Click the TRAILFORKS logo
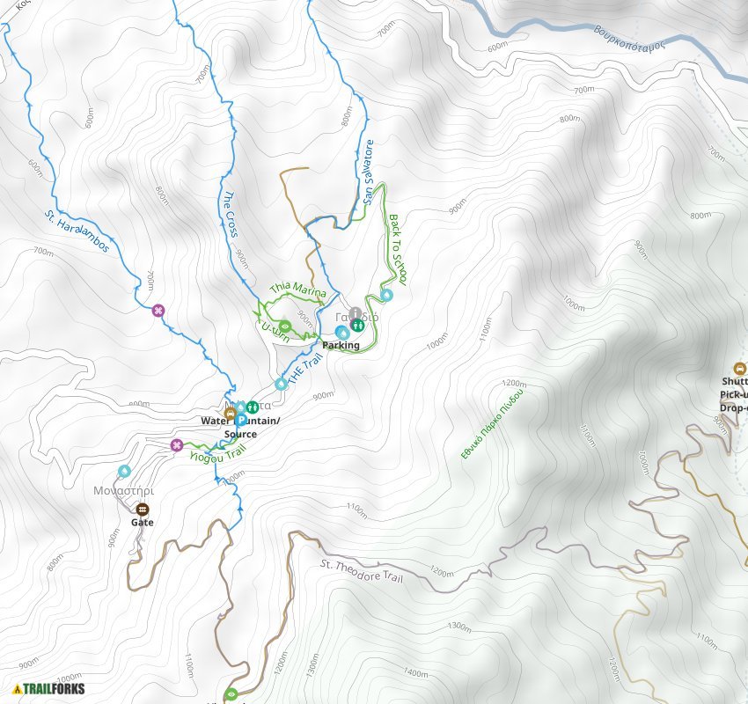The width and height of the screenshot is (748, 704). [49, 688]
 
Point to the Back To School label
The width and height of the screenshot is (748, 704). [398, 249]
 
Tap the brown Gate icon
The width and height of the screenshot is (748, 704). [143, 509]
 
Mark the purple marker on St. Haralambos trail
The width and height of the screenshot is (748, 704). [158, 310]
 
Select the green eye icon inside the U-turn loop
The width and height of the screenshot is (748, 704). [286, 325]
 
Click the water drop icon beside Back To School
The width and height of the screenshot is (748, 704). [385, 294]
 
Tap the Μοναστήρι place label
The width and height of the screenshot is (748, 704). [124, 491]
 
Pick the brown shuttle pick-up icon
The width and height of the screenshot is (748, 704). [739, 368]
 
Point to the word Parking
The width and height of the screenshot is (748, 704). [341, 346]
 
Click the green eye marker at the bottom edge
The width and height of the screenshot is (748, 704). [231, 694]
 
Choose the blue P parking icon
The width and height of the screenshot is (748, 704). [239, 421]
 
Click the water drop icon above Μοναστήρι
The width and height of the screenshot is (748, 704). [124, 472]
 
